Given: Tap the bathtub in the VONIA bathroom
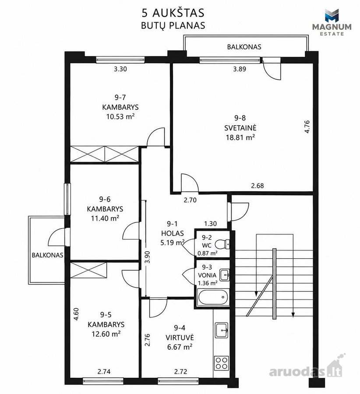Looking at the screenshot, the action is point(213,297).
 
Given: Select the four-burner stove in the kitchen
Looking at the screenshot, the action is point(222,363).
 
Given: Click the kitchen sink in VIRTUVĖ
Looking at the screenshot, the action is point(222,330).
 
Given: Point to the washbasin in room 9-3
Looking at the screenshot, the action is point(225,275).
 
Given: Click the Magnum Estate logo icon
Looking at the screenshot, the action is point(332,16).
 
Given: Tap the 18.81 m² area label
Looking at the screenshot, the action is point(240,137).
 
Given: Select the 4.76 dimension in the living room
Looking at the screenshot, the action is point(307,127).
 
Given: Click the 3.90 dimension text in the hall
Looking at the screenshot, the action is point(148,257).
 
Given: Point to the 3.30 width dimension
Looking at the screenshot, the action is point(120,69).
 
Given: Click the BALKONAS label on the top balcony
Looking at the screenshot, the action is point(244,47).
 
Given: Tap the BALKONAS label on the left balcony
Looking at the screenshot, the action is point(47,255).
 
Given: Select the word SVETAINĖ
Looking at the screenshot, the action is point(240,128).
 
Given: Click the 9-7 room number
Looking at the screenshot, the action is point(120,97).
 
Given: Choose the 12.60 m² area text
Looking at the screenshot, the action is point(106,334).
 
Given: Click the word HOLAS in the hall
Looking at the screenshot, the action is point(173,233).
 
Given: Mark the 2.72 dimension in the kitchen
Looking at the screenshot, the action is point(180,372).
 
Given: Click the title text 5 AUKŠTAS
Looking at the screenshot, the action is point(173,13).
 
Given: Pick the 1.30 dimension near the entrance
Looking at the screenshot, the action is point(210,224).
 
